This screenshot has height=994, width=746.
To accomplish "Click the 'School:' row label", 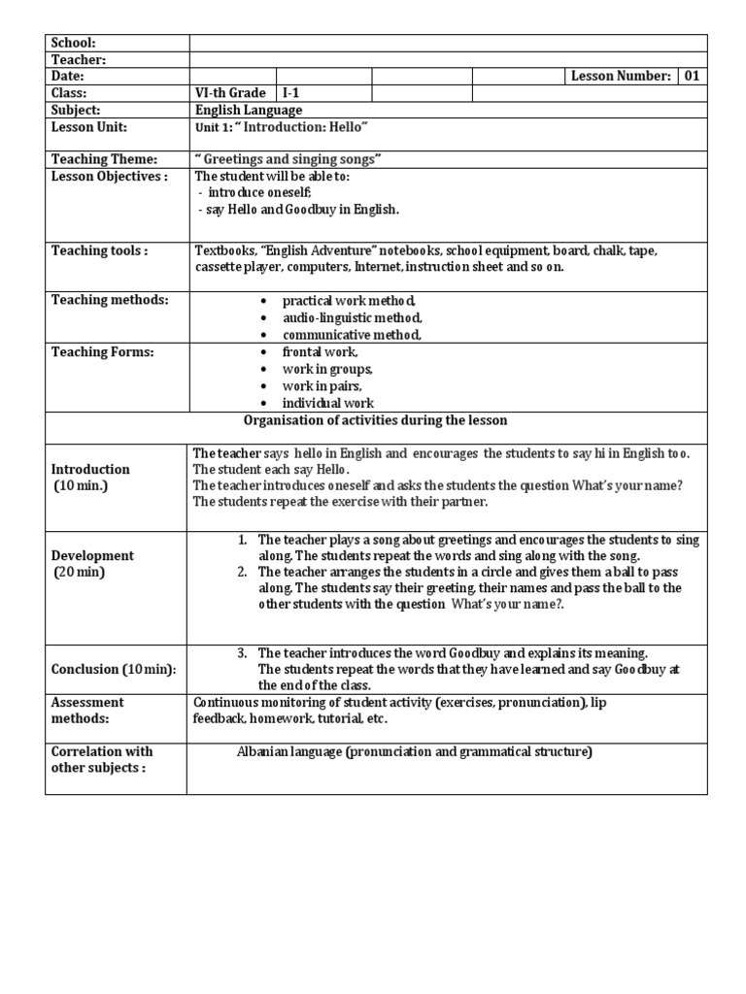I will (74, 43).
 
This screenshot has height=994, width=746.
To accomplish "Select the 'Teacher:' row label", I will (77, 59).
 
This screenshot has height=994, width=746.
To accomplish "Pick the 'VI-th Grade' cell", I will (230, 94).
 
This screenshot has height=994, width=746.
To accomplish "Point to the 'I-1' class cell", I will (291, 94).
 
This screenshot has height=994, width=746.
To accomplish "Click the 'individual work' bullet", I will (328, 403).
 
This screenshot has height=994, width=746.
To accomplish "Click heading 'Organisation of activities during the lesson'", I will (375, 420).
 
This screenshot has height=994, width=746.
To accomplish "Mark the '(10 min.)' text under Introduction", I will (81, 485).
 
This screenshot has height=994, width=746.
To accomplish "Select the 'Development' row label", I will (93, 556).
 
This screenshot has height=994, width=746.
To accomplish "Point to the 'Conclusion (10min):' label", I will (114, 670).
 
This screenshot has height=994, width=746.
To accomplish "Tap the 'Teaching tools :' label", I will (99, 251).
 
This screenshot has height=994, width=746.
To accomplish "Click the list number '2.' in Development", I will (244, 572).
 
